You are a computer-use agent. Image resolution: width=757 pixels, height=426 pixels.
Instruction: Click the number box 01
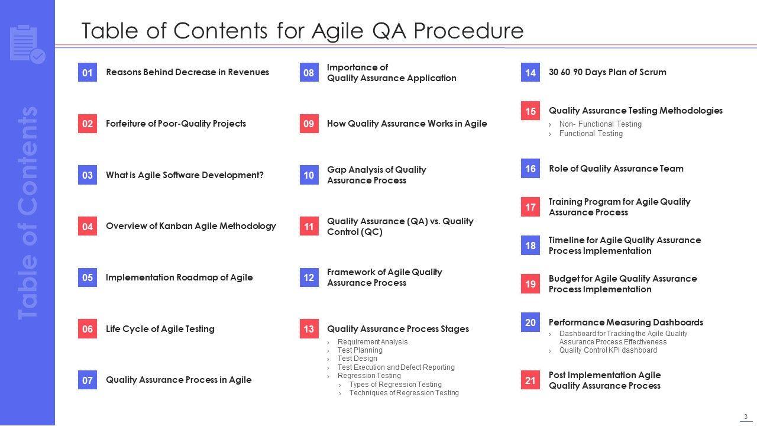(x=87, y=72)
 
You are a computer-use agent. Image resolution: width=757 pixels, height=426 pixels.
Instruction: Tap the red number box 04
(x=87, y=226)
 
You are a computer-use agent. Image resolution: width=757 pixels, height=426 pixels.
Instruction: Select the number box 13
(x=309, y=328)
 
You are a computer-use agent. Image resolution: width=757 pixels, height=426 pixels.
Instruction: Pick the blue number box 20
(x=530, y=322)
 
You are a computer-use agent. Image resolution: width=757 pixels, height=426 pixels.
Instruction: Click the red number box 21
(x=530, y=380)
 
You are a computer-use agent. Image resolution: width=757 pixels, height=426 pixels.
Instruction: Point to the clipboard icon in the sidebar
(x=28, y=44)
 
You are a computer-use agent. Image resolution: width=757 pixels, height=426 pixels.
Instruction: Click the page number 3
(x=746, y=417)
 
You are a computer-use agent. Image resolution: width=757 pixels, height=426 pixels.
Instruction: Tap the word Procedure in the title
(x=468, y=31)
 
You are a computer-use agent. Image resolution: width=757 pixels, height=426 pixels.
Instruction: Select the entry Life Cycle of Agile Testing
(x=160, y=329)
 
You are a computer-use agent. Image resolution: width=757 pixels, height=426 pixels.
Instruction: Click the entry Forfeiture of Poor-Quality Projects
(x=176, y=124)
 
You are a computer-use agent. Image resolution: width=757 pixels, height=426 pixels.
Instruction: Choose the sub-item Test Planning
(x=360, y=350)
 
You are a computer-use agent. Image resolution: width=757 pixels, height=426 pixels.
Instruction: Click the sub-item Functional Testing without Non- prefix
(x=591, y=134)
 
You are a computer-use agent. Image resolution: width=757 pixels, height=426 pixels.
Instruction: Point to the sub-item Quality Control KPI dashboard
(x=608, y=350)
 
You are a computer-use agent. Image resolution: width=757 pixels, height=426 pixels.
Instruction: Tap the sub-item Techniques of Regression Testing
(x=404, y=393)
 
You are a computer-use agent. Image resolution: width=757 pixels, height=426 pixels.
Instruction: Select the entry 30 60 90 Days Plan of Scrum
(x=607, y=72)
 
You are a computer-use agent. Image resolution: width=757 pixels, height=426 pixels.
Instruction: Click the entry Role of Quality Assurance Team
(x=616, y=169)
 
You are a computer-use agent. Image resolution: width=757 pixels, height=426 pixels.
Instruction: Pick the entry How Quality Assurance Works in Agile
(x=407, y=124)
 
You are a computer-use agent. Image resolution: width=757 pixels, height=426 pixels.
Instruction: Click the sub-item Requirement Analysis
(x=373, y=342)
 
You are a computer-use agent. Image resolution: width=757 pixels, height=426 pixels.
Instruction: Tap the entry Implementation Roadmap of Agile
(x=179, y=277)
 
